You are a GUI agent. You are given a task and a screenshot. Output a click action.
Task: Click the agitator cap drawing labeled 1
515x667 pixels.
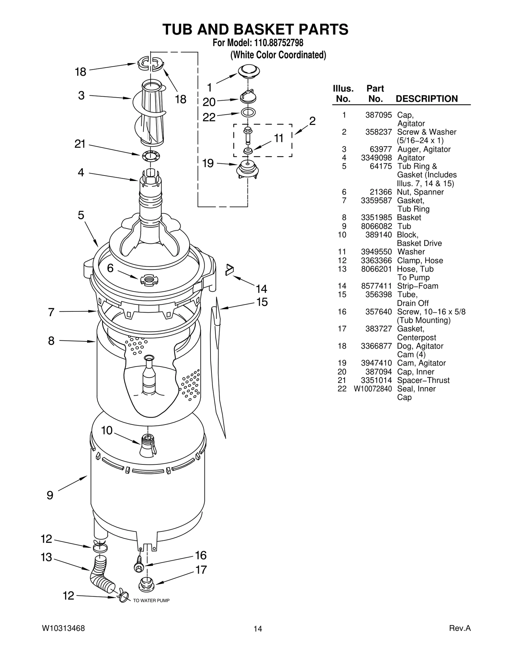[248, 70]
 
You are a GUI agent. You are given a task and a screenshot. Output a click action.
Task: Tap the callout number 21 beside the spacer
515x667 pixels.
[80, 144]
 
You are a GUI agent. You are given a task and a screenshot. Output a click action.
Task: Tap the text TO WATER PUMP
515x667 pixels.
[151, 601]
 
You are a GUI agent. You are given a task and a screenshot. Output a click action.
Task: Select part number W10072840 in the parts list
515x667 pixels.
[373, 389]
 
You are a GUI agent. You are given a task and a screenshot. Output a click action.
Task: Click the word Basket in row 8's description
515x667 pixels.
[409, 217]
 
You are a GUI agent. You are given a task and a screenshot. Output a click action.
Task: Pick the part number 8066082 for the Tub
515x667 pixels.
[376, 226]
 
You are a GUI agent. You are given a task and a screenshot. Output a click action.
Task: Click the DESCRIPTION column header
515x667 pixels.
[426, 99]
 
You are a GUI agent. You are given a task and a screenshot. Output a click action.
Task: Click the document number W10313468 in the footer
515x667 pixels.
[63, 628]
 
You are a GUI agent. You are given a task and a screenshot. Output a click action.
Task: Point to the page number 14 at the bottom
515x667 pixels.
[257, 629]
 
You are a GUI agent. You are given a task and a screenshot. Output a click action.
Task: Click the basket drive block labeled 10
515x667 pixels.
[148, 445]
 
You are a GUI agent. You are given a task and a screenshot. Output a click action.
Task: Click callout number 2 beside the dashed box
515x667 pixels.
[312, 121]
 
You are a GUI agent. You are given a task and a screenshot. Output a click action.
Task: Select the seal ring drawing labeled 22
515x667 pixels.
[248, 112]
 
